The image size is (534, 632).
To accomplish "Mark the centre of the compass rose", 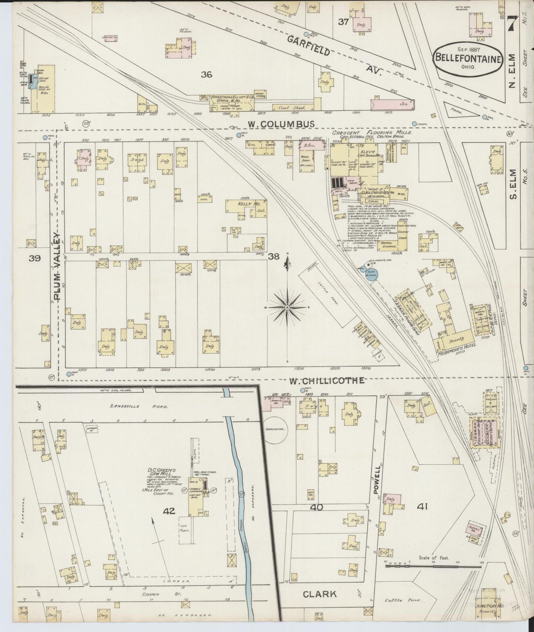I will point(287,307).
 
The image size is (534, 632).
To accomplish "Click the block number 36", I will point(206,74).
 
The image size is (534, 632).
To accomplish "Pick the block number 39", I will point(35,258).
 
